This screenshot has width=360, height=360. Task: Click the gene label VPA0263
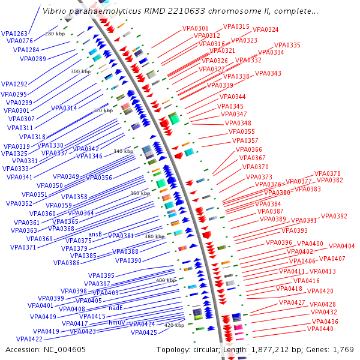(14, 34)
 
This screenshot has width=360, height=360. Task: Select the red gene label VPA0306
(194, 29)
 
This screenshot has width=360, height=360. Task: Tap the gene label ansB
(95, 234)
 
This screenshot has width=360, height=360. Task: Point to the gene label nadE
(116, 307)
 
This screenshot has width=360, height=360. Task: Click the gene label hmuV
(116, 322)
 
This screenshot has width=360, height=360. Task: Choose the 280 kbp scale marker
(55, 34)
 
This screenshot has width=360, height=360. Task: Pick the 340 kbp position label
(123, 151)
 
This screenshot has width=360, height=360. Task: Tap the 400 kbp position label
(166, 280)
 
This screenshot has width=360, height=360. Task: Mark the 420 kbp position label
(174, 325)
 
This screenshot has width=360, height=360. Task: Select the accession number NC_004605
(65, 349)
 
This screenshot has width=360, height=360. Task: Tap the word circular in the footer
(207, 349)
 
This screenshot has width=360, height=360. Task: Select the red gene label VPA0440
(320, 329)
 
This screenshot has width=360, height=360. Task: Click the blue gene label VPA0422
(29, 339)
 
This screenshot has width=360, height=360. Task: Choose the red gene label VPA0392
(334, 216)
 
